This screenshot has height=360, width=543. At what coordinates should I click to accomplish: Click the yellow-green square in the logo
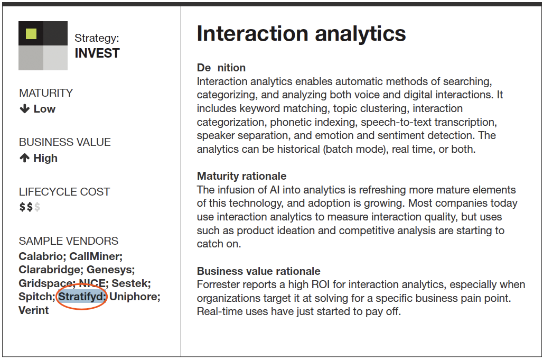coord(31,34)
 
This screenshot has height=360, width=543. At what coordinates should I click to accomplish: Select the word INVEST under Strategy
coord(97,53)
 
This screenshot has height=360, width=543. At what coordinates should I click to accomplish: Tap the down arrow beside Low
coord(25,109)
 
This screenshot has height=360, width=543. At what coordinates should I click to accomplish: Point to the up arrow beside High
coord(25,158)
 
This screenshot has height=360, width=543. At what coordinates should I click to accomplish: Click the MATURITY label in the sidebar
coord(46,93)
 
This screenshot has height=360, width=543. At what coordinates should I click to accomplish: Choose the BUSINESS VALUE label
coord(65,142)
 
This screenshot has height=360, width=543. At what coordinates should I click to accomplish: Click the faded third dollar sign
coord(37,207)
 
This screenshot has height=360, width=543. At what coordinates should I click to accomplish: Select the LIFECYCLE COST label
coord(64,191)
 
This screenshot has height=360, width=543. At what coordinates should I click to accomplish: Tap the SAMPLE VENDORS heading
coord(69,241)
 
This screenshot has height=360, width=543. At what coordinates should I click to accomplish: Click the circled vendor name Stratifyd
coord(82,297)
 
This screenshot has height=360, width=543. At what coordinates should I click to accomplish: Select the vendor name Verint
coord(34,310)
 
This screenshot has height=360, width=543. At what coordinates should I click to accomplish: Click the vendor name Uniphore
coord(135,297)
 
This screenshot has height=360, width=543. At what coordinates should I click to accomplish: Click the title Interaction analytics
coord(301,34)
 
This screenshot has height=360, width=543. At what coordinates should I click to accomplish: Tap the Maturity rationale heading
coord(242,176)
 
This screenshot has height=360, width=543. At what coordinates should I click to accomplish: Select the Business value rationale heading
coord(259,271)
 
